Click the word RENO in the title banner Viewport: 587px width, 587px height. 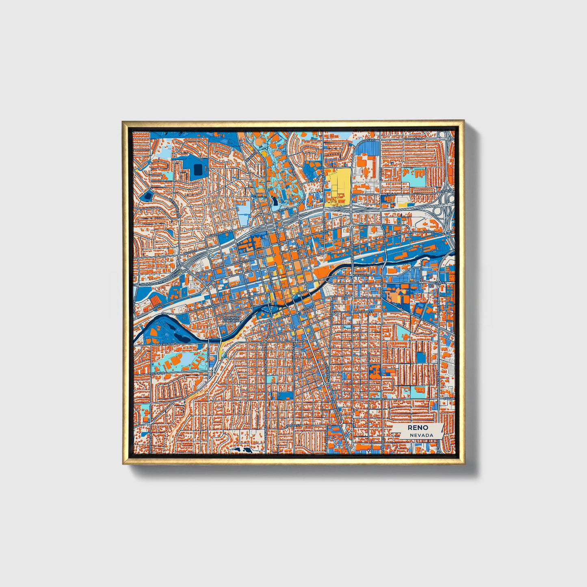coord(418,428)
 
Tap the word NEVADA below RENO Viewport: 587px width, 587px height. coord(421,435)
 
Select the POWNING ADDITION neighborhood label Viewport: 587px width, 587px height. coord(230,319)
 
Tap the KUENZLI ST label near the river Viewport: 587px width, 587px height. coord(359,275)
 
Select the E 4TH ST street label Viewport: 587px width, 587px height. coord(429,232)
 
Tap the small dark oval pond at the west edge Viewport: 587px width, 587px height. coord(147,197)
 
